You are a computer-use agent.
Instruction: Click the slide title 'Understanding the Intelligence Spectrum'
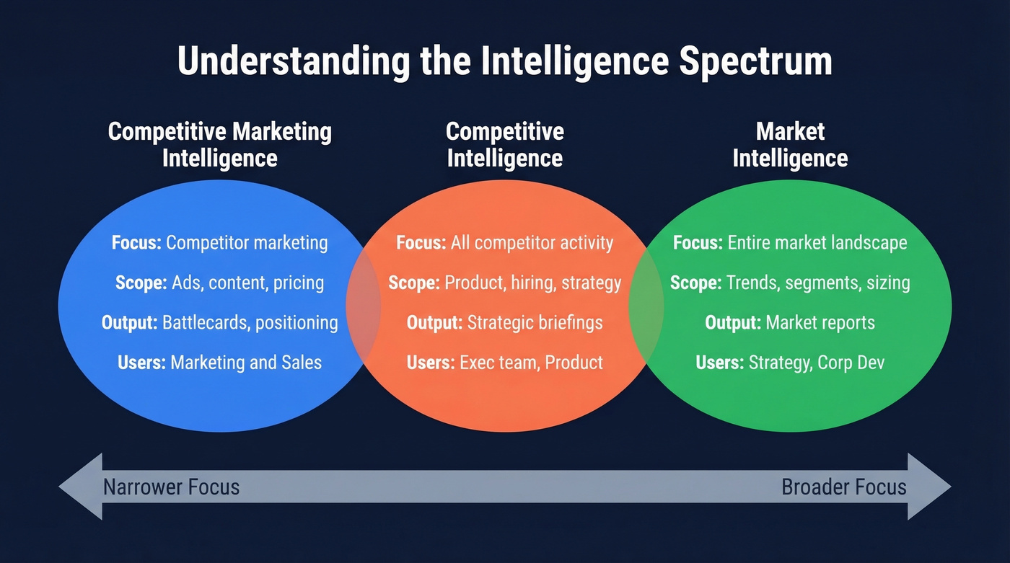(504, 61)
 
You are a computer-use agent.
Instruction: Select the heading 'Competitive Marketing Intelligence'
(219, 145)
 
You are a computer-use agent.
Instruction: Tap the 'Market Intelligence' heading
(790, 145)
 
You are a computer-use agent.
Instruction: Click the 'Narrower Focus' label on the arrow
(171, 487)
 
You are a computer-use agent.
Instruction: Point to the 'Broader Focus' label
(844, 487)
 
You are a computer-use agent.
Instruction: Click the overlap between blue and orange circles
(364, 306)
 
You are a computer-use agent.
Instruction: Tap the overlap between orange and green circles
(646, 306)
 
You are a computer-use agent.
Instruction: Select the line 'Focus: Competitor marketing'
(219, 243)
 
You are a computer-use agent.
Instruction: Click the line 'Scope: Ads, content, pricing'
(219, 283)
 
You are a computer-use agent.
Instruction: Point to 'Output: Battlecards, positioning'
(219, 322)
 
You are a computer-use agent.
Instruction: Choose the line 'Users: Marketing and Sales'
(219, 362)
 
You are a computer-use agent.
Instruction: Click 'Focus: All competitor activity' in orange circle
(504, 243)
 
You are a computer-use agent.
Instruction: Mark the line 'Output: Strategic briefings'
(504, 322)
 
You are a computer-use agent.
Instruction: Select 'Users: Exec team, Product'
(504, 362)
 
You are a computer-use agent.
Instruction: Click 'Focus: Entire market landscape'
(790, 243)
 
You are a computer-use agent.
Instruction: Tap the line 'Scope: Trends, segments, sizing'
(790, 283)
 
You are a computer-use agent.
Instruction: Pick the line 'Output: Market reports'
(790, 322)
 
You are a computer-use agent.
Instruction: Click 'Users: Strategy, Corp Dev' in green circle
(790, 362)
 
